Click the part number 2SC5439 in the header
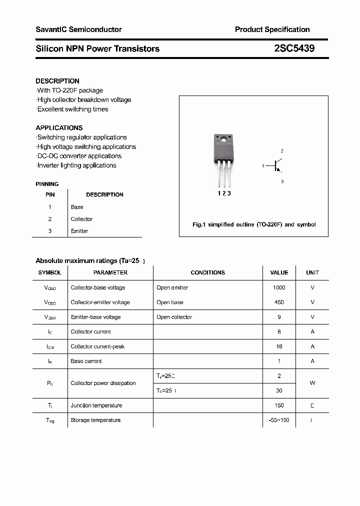(294, 48)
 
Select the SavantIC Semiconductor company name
(78, 29)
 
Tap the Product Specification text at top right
(272, 29)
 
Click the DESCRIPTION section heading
(57, 81)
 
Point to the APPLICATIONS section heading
(59, 127)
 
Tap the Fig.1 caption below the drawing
(254, 224)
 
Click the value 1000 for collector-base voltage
(279, 287)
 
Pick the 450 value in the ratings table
(279, 302)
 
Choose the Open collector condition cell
(174, 317)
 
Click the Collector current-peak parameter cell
(97, 346)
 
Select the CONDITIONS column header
(207, 272)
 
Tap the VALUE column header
(279, 272)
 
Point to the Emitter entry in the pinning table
(79, 231)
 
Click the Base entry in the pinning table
(77, 207)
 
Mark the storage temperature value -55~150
(279, 420)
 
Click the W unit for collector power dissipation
(312, 383)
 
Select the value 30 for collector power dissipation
(279, 390)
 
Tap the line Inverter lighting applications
(76, 165)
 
